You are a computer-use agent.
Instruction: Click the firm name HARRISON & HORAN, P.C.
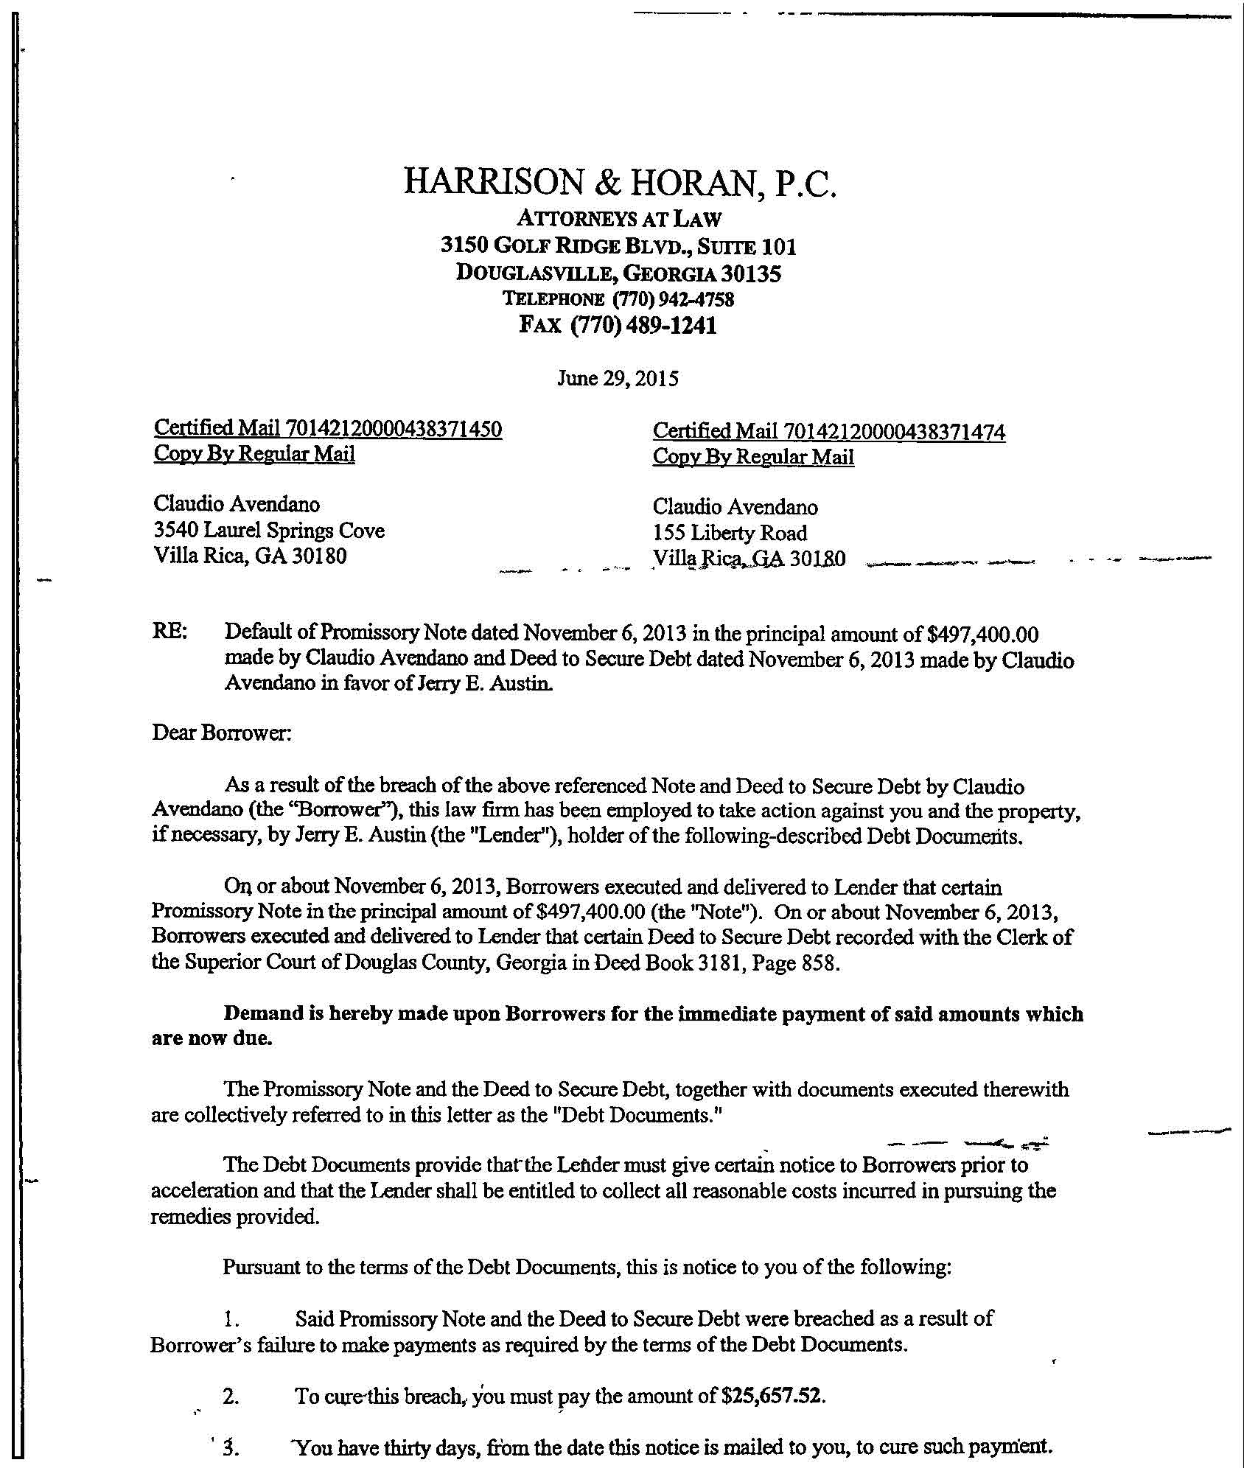[621, 183]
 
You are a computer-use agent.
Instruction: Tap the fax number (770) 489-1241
[643, 325]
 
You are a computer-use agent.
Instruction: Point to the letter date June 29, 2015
[618, 379]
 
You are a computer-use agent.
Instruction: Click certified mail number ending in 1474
[895, 432]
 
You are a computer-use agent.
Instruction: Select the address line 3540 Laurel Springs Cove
[269, 530]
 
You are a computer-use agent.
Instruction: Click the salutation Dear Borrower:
[222, 733]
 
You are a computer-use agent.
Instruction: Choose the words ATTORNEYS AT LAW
[619, 218]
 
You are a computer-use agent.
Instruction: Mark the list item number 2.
[230, 1396]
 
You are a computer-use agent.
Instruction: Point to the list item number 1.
[230, 1318]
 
